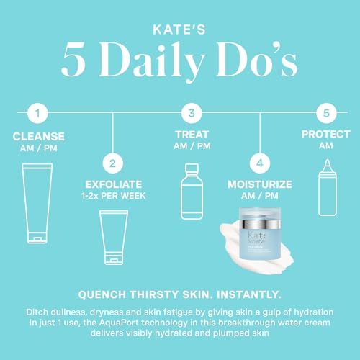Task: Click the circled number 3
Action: click(190, 113)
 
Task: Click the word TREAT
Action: click(189, 135)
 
